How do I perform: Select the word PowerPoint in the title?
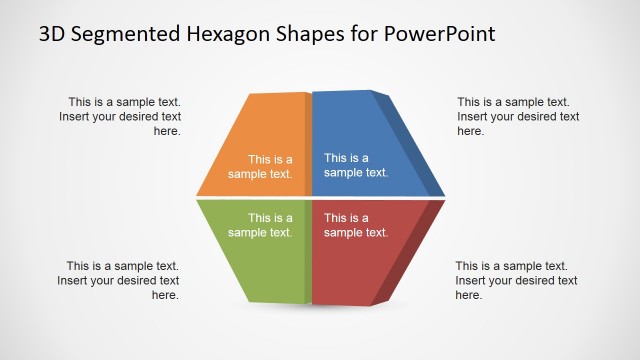coord(442,34)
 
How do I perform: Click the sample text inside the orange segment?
coord(260,166)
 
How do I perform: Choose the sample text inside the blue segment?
coord(355,165)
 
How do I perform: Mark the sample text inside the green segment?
coord(260,225)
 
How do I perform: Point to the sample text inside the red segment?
coord(355,225)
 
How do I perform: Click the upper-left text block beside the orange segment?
coord(124,116)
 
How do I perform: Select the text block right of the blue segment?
coord(518,116)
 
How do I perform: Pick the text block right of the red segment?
coord(516,280)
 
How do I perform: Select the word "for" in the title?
coord(372,34)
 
